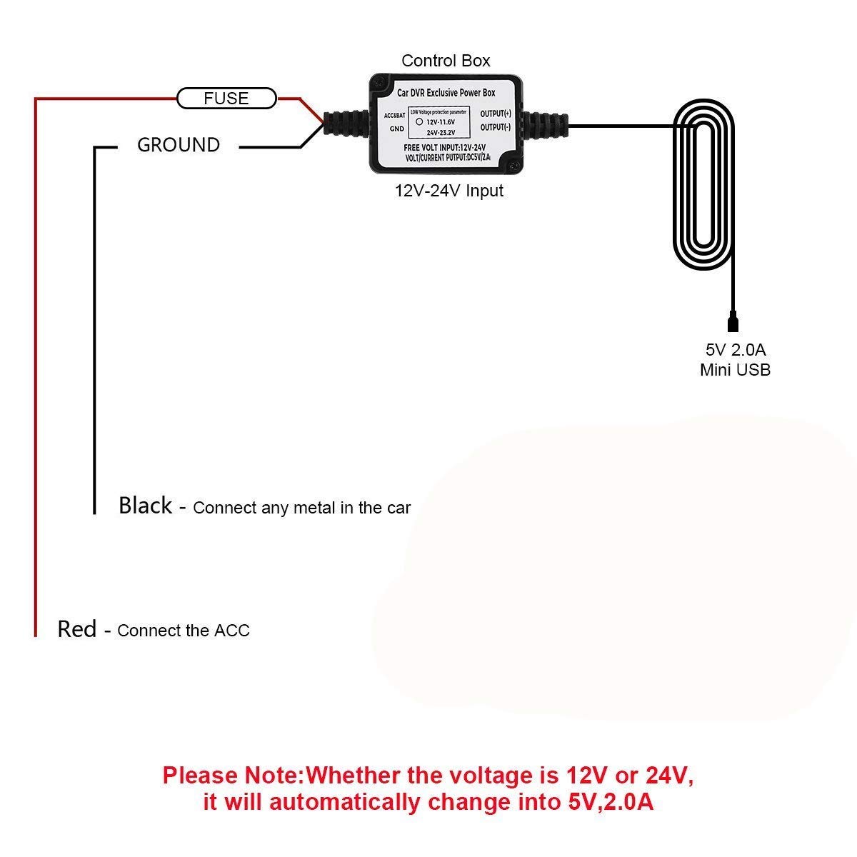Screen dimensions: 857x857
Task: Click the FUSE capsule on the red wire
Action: [226, 99]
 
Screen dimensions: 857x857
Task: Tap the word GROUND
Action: [179, 145]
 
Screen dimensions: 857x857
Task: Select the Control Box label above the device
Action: [446, 61]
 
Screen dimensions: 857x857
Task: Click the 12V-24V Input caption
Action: [449, 191]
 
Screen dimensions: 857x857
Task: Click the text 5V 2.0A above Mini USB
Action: [735, 350]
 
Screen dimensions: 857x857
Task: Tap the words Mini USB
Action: [735, 369]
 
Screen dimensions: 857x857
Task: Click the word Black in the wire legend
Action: [145, 506]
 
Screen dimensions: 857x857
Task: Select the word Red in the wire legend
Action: [76, 629]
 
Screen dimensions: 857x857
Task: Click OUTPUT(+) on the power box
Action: [496, 114]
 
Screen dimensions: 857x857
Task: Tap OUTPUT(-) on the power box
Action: [496, 127]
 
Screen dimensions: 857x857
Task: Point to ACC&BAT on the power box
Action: [394, 115]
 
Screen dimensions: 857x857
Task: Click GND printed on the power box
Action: [396, 129]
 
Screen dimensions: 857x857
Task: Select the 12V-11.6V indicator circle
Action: [419, 121]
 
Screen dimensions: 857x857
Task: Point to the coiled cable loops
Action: [703, 186]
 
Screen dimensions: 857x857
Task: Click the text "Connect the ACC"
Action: [184, 631]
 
